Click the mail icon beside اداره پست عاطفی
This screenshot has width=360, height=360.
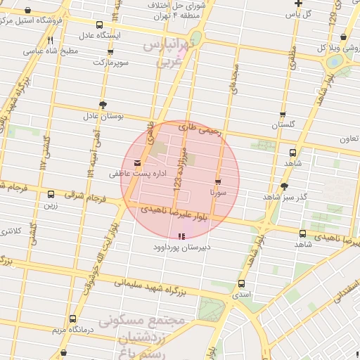137,163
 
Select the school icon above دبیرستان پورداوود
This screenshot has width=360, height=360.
182,237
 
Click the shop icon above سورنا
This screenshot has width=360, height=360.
218,181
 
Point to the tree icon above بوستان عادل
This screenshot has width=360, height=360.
103,104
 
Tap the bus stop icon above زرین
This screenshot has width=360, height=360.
51,195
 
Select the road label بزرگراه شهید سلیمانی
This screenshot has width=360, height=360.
152,285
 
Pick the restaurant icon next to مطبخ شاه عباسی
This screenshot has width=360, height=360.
50,41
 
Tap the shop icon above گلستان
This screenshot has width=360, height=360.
283,115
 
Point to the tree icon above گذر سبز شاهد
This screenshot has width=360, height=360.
284,186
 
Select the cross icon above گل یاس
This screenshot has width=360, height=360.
298,4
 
